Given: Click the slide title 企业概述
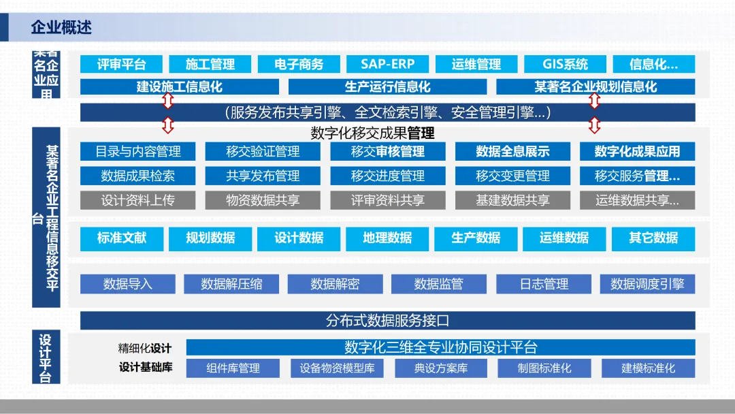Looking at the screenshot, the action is tap(61, 28).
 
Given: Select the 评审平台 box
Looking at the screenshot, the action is tap(122, 64).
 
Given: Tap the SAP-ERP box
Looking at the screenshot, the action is tap(387, 64).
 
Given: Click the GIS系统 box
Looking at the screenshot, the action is tap(565, 64).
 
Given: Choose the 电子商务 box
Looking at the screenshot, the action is tap(299, 64).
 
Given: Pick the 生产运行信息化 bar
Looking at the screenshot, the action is tap(387, 86).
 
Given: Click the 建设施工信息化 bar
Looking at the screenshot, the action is tap(179, 86).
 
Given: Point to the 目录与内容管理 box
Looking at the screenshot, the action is tap(137, 151).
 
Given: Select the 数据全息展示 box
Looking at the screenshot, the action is tap(512, 151).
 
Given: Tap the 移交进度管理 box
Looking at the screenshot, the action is tap(388, 176).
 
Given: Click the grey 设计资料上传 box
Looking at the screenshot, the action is tap(137, 200).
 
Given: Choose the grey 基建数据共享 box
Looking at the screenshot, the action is tap(512, 200).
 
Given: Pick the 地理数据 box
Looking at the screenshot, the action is tap(387, 238).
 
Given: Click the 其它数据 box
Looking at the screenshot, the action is tap(653, 238).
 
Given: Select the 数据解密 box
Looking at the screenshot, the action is tap(335, 284).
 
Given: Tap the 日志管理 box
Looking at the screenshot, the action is tap(544, 284).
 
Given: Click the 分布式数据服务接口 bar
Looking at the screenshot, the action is tap(387, 320).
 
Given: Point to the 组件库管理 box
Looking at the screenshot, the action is tap(233, 368).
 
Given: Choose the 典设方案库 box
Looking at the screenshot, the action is tap(441, 368).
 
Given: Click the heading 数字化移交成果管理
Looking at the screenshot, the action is tap(372, 133).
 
